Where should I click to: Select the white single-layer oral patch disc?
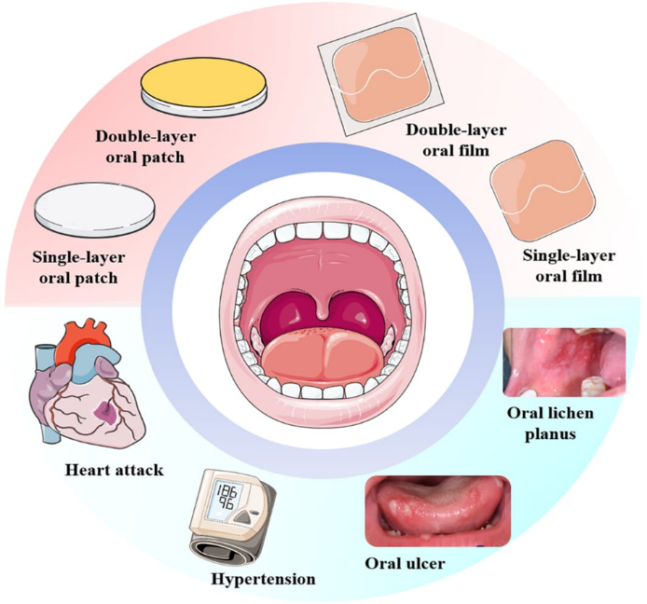94,208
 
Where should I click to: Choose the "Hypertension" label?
265,579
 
